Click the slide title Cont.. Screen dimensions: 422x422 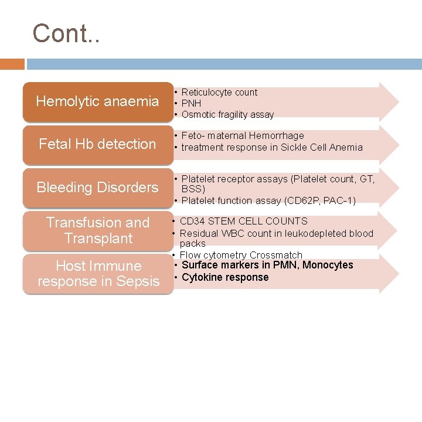pyautogui.click(x=66, y=33)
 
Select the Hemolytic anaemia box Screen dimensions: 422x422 pyautogui.click(x=97, y=101)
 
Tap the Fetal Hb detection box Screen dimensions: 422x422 pyautogui.click(x=97, y=144)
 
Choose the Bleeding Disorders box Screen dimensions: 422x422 pyautogui.click(x=97, y=188)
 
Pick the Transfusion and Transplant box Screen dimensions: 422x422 pyautogui.click(x=97, y=230)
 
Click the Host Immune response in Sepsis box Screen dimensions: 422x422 pyautogui.click(x=97, y=274)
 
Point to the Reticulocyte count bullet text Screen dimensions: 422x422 pyautogui.click(x=219, y=92)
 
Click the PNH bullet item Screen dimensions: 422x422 pyautogui.click(x=191, y=103)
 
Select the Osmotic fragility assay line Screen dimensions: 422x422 pyautogui.click(x=227, y=114)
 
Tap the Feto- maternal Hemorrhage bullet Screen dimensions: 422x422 pyautogui.click(x=243, y=135)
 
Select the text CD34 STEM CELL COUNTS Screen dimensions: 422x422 pyautogui.click(x=243, y=221)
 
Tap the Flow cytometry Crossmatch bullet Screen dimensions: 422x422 pyautogui.click(x=241, y=255)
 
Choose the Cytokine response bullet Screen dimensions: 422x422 pyautogui.click(x=225, y=277)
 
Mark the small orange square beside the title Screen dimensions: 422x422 pyautogui.click(x=12, y=64)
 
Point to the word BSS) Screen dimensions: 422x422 pyautogui.click(x=193, y=189)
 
